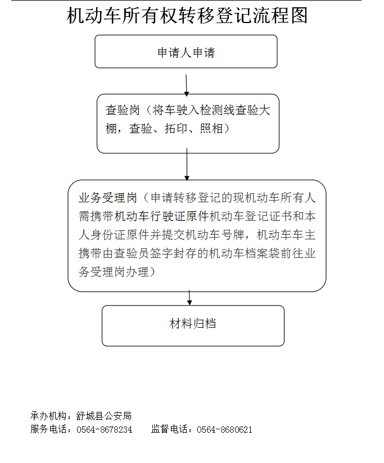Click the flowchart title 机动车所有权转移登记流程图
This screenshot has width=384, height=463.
[x=187, y=15]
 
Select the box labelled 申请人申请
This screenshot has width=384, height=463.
[x=186, y=52]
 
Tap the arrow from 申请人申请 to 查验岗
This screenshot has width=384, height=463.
[x=186, y=85]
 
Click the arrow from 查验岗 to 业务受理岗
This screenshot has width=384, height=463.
[x=187, y=165]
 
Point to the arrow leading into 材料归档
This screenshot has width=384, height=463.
[x=189, y=298]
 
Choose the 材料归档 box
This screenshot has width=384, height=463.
[x=193, y=326]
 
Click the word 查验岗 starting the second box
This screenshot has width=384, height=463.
[x=123, y=110]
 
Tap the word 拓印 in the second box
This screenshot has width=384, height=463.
[x=176, y=129]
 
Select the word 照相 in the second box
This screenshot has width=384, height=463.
[x=211, y=129]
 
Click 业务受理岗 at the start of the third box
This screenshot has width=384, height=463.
[x=108, y=198]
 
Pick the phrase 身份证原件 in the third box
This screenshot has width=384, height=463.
[x=120, y=235]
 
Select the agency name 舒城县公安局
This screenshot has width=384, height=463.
[x=103, y=416]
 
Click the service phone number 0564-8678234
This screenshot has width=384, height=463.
[x=104, y=429]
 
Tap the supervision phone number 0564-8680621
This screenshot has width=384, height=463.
[x=224, y=429]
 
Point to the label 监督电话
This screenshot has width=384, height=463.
[x=169, y=429]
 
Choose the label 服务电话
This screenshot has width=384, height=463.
[x=48, y=429]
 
